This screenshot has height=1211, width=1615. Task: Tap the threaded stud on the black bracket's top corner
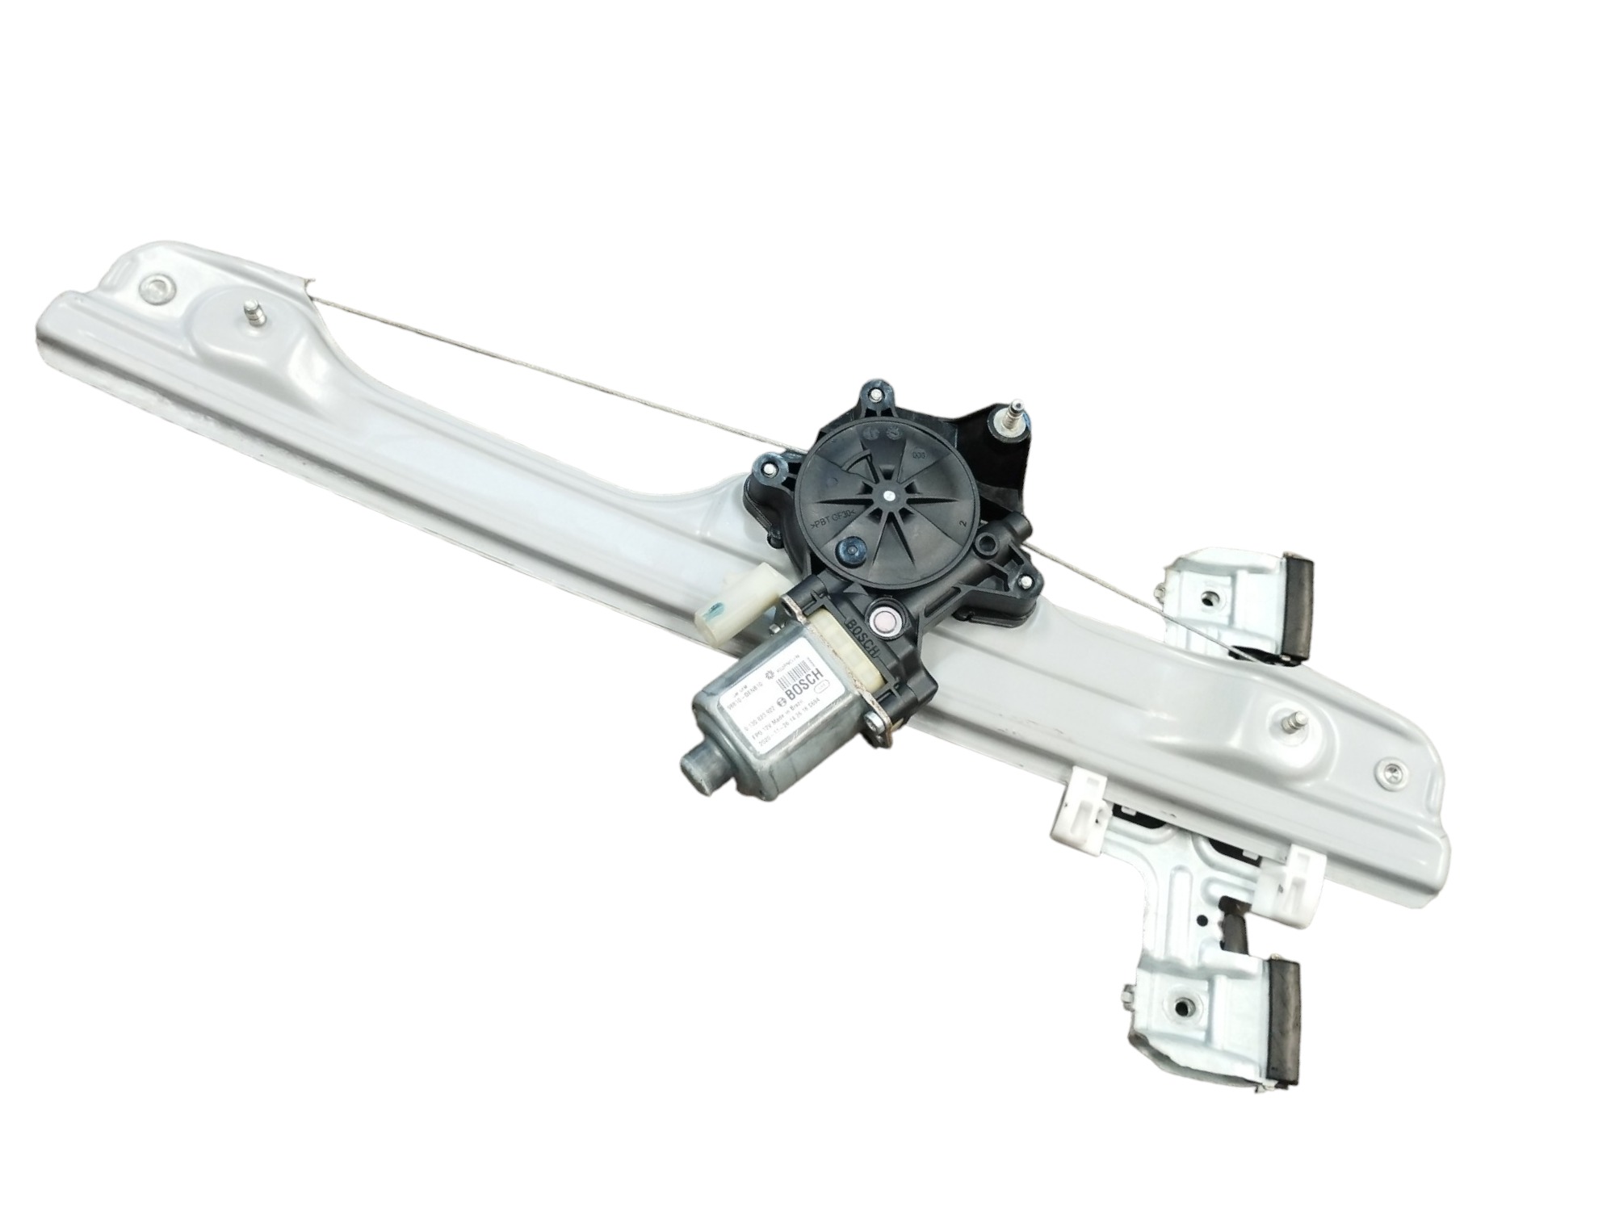[1015, 412]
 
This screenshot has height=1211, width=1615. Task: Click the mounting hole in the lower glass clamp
[1185, 1006]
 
